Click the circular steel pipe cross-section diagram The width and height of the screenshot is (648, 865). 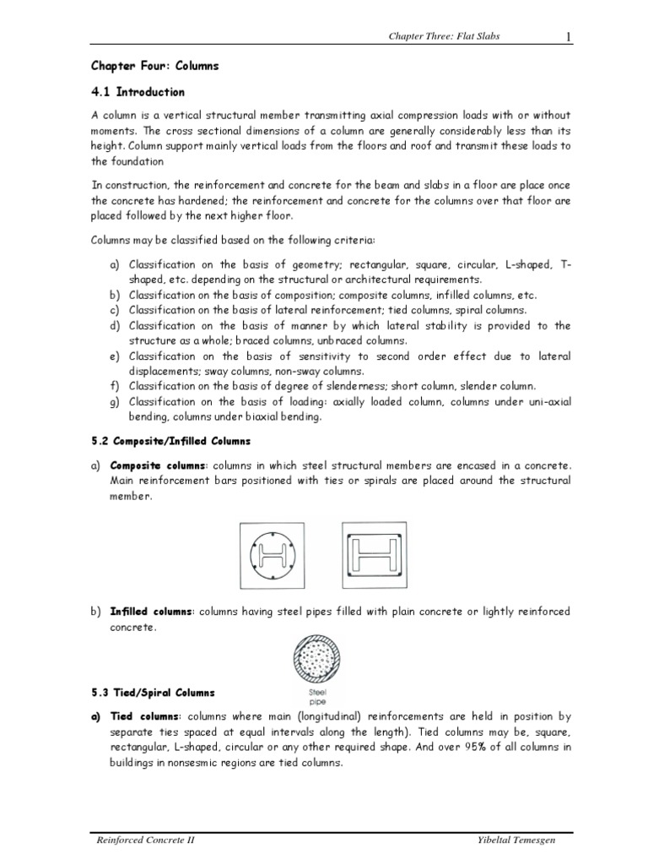tap(316, 660)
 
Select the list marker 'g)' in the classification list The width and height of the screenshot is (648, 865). tap(115, 402)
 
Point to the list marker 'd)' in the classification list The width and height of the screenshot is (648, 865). tap(115, 325)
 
